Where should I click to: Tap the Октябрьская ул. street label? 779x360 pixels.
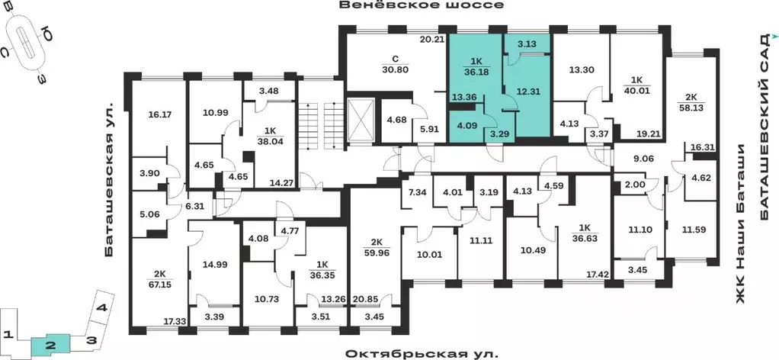(422, 354)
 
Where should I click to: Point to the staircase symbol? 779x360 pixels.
(321, 120)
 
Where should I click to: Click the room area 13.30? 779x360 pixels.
(582, 69)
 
